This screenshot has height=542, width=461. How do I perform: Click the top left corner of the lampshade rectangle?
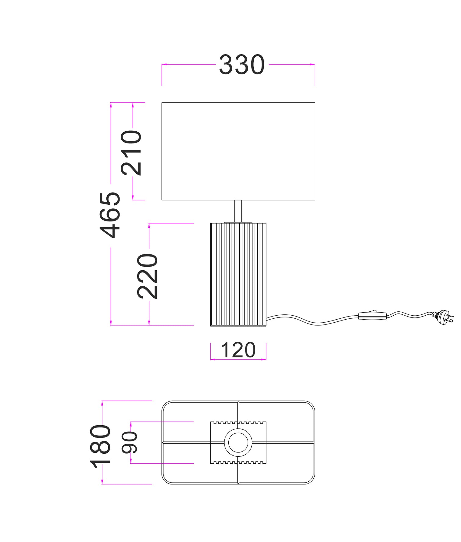(162, 103)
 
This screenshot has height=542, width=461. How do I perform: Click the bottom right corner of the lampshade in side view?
(315, 200)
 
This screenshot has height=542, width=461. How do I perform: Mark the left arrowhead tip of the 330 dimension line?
(162, 64)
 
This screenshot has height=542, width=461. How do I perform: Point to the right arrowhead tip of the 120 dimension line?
(266, 360)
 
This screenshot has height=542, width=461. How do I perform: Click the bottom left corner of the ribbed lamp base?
(211, 326)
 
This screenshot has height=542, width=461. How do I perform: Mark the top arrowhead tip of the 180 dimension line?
(102, 401)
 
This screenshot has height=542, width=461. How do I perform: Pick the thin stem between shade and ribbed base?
(238, 211)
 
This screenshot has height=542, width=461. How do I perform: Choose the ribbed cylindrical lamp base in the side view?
(238, 275)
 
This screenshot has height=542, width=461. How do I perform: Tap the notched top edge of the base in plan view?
(238, 423)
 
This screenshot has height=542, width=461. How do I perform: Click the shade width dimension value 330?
(242, 65)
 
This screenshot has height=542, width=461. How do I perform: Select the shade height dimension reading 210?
(131, 153)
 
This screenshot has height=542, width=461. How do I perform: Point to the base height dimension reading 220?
(148, 276)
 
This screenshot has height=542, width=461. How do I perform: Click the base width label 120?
(238, 350)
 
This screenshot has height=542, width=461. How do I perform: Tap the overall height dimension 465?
(110, 215)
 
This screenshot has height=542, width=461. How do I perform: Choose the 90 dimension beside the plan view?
(130, 443)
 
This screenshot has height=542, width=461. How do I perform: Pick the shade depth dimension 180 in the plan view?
(100, 446)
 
